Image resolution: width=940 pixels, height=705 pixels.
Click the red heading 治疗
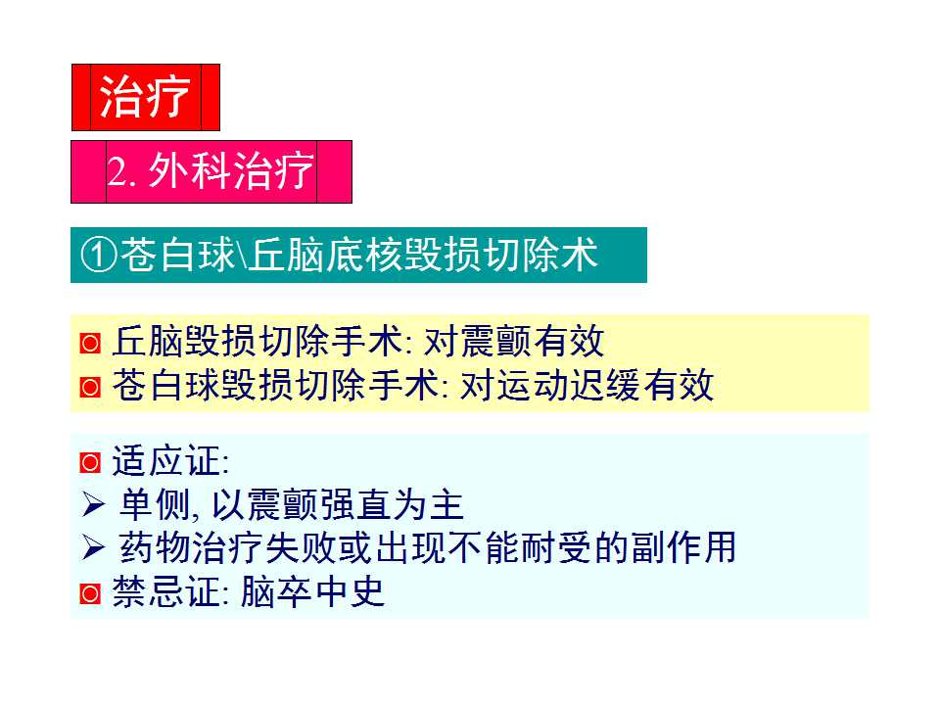click(x=145, y=97)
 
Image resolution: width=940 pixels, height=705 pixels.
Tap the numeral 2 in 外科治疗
click(x=118, y=172)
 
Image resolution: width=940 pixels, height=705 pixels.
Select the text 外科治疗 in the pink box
click(x=231, y=172)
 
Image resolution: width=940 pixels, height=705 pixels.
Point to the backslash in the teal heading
click(x=243, y=257)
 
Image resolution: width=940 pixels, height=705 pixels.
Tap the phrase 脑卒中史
click(x=312, y=592)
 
